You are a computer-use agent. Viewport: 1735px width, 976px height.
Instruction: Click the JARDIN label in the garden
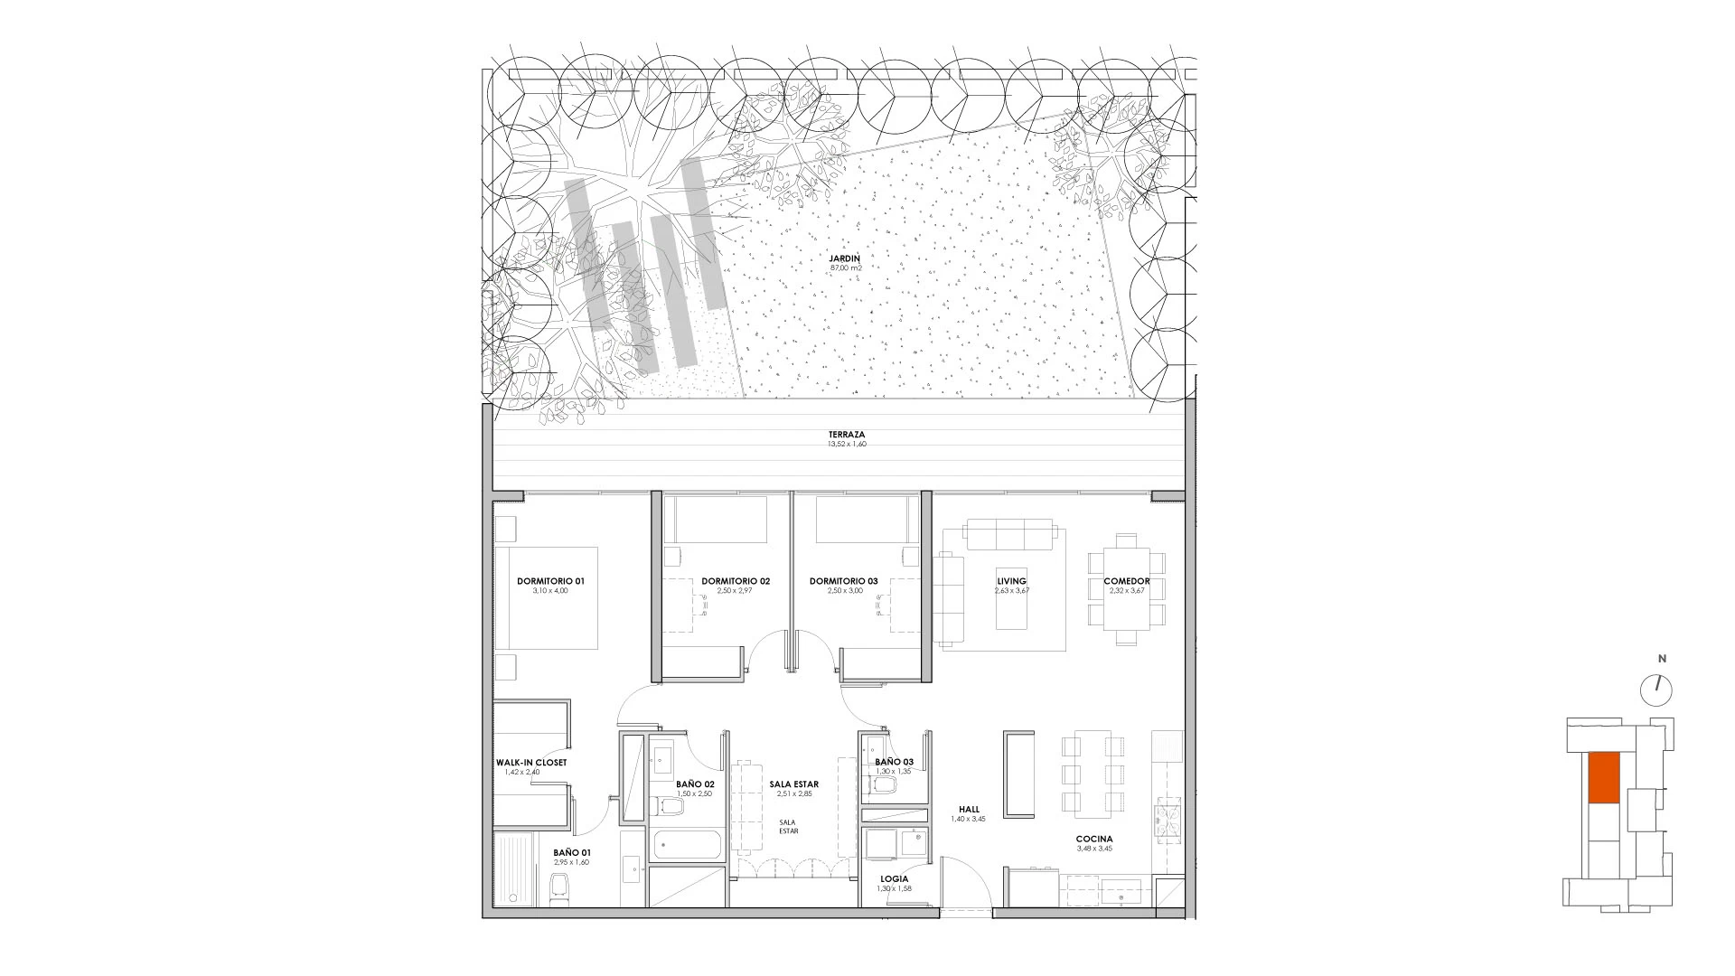pyautogui.click(x=845, y=258)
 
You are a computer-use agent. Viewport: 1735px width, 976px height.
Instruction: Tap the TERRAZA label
pyautogui.click(x=847, y=435)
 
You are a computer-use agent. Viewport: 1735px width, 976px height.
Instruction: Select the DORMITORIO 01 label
pyautogui.click(x=550, y=581)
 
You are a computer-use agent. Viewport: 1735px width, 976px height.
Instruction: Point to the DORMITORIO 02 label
pyautogui.click(x=736, y=581)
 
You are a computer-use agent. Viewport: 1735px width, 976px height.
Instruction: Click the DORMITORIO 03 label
pyautogui.click(x=844, y=581)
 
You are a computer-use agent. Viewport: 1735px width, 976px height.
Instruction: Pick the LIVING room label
pyautogui.click(x=1011, y=581)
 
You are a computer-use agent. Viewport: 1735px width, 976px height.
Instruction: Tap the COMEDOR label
pyautogui.click(x=1127, y=581)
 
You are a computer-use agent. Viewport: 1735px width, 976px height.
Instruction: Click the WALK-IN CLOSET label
pyautogui.click(x=531, y=763)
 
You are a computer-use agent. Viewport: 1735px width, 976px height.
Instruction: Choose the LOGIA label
pyautogui.click(x=895, y=878)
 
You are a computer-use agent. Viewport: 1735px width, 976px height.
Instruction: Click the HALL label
pyautogui.click(x=971, y=810)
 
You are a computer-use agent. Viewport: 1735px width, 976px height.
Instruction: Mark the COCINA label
pyautogui.click(x=1094, y=839)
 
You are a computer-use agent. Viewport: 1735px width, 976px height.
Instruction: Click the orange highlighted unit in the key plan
pyautogui.click(x=1603, y=778)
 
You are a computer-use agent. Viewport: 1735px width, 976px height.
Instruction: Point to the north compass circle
pyautogui.click(x=1656, y=690)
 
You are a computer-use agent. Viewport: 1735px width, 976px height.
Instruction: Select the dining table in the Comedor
pyautogui.click(x=1127, y=588)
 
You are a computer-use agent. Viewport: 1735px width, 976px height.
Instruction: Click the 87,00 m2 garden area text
pyautogui.click(x=845, y=268)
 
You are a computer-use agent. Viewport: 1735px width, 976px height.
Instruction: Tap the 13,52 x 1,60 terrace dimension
pyautogui.click(x=847, y=445)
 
